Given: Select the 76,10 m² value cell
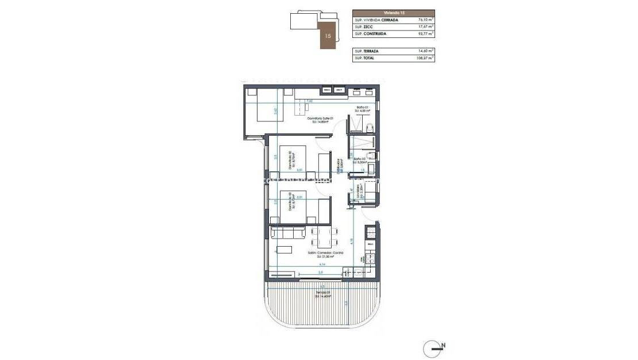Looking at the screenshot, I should pos(425,20).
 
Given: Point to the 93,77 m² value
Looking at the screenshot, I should pos(425,33).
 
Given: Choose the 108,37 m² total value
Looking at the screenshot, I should pos(425,58).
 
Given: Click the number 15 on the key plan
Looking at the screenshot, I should pos(328,36).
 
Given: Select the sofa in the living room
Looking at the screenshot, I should pos(287,232).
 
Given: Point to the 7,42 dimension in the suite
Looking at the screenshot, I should pos(309,101).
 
